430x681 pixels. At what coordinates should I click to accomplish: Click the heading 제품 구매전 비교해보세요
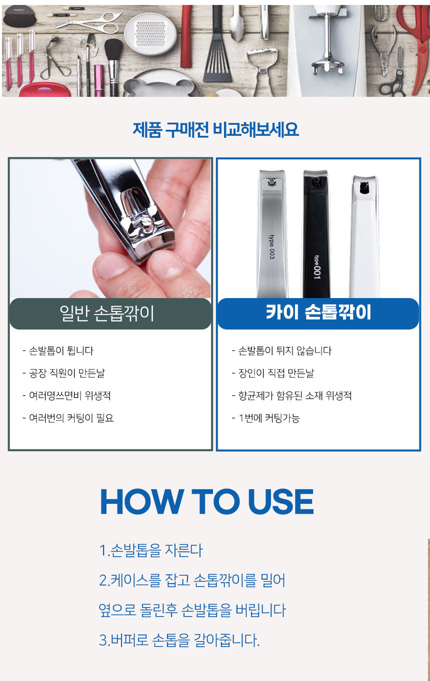pos(215,129)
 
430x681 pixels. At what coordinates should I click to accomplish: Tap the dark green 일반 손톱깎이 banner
pos(110,314)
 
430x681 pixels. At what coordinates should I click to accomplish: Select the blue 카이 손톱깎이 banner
pos(318,314)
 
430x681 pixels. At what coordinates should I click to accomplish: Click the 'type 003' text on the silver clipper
pos(271,247)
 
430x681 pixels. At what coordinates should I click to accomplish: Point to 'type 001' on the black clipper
pos(316,267)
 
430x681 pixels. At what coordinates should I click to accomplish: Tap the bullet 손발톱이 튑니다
pos(58,350)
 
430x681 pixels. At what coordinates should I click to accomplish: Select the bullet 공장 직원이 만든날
pos(63,373)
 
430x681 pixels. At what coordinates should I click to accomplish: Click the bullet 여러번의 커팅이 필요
pos(68,418)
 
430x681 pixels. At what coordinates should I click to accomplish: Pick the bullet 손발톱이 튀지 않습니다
pos(281,350)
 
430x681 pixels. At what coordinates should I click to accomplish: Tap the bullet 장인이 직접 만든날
pos(272,373)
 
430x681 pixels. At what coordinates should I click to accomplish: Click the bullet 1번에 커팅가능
pos(265,418)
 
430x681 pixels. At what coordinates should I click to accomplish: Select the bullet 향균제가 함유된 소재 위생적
pos(291,395)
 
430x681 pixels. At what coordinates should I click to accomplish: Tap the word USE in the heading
pos(281,502)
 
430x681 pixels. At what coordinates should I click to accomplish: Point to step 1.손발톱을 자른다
pos(150,550)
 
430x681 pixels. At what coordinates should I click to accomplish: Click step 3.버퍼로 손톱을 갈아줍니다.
pos(179,640)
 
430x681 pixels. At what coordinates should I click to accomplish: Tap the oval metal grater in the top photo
pos(150,33)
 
